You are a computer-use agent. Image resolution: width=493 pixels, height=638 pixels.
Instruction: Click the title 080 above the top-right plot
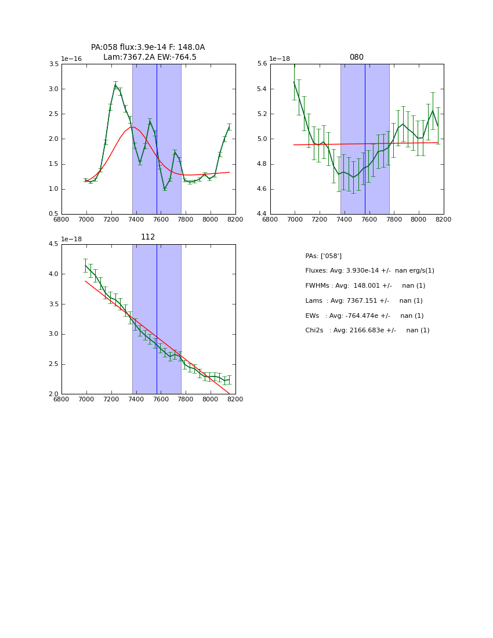(356, 57)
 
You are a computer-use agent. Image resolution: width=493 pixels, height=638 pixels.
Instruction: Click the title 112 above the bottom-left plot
(148, 237)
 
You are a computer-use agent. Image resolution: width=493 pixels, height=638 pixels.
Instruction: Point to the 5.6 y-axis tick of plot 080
(262, 64)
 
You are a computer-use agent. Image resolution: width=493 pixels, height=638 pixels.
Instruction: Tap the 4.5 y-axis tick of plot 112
(53, 244)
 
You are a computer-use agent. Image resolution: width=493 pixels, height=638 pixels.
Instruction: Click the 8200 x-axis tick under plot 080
(443, 220)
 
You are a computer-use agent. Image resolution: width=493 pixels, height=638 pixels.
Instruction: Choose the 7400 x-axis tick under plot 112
(136, 400)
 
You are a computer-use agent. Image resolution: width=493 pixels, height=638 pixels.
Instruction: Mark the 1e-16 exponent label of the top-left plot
(71, 59)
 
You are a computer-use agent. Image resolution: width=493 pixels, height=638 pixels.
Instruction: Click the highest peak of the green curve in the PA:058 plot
(115, 85)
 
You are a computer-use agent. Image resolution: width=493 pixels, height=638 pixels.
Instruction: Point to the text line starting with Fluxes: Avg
(369, 271)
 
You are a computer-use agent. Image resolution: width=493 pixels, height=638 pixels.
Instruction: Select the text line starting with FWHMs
(365, 286)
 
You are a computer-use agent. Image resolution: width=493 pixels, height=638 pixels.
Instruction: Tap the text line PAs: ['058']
(323, 256)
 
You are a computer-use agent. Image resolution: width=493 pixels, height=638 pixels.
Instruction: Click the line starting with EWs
(364, 316)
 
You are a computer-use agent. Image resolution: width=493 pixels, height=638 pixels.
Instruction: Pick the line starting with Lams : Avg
(364, 301)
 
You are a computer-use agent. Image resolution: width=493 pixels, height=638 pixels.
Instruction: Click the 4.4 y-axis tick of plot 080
(262, 214)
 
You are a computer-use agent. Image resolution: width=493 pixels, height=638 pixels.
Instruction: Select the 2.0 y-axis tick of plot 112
(53, 394)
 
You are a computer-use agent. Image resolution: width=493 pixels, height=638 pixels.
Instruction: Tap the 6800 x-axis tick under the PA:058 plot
(61, 220)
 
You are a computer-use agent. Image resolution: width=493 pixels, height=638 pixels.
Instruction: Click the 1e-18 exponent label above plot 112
(71, 239)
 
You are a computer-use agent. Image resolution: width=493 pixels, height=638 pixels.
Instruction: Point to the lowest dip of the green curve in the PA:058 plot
(165, 188)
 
